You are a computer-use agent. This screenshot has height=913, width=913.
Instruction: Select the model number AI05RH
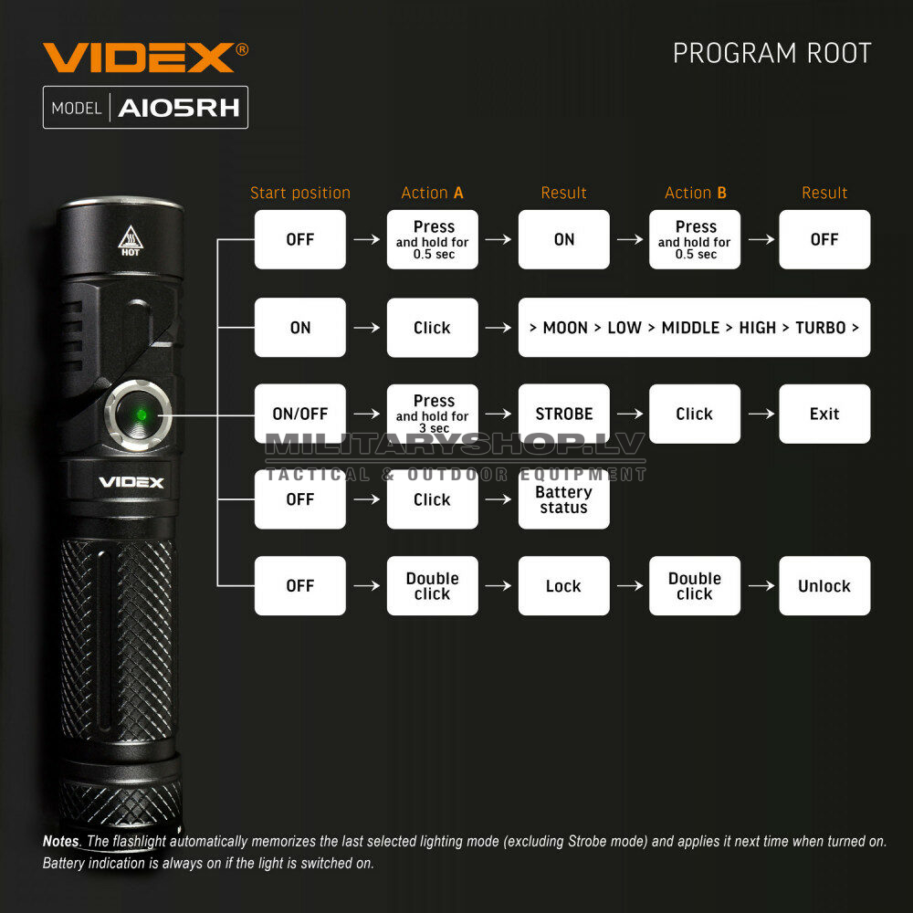(x=179, y=108)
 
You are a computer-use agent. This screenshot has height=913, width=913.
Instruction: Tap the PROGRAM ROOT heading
(x=772, y=53)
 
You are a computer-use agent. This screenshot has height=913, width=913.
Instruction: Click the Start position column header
(x=300, y=193)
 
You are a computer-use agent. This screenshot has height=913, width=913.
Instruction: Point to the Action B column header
(x=696, y=193)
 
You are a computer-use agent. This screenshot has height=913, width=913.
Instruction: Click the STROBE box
(x=563, y=414)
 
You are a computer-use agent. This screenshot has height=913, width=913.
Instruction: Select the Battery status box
(x=563, y=499)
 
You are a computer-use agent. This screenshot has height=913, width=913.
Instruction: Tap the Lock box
(x=563, y=586)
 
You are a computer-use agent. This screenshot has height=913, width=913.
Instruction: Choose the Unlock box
(x=824, y=586)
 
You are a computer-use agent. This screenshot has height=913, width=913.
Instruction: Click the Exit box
(x=824, y=414)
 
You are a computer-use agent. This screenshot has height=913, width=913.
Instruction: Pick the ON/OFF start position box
(x=299, y=414)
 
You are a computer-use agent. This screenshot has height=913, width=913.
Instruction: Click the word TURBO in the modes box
(x=821, y=328)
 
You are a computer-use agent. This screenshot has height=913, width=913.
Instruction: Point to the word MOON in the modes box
(x=565, y=328)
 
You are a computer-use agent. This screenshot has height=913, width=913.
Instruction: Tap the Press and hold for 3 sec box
(x=432, y=414)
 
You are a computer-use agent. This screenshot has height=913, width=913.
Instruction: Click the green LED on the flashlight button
(x=141, y=415)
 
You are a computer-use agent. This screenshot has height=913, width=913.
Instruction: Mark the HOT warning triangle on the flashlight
(x=131, y=240)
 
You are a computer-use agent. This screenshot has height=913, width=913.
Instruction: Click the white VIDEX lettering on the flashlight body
(x=131, y=482)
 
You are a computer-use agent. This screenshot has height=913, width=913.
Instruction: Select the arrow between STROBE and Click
(x=630, y=414)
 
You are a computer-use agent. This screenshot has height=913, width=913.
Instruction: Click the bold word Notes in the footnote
(x=61, y=842)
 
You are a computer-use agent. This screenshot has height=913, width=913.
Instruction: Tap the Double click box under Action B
(x=695, y=586)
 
